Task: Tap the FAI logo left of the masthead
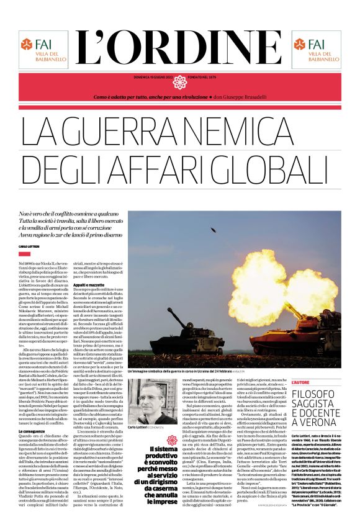pos(42,50)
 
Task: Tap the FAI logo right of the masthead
pos(317,50)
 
